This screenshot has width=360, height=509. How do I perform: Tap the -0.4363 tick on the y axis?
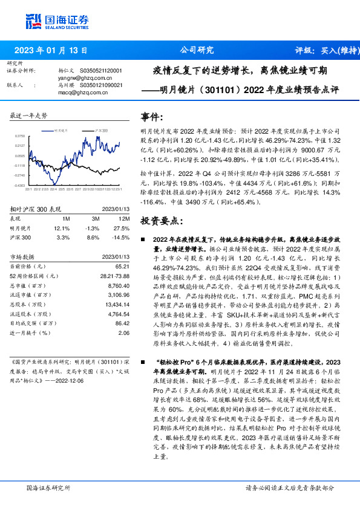point(20,185)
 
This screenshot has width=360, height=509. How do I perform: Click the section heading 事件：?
point(151,116)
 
